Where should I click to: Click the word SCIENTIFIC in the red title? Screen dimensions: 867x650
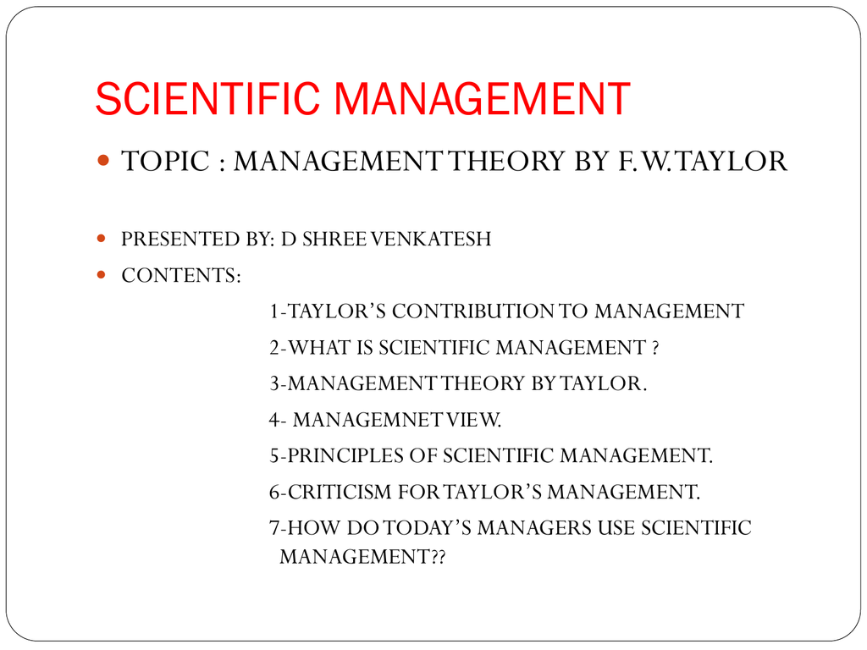click(x=207, y=99)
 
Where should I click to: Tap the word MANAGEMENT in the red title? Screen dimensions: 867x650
click(x=482, y=99)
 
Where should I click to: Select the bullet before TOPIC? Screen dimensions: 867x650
click(x=102, y=160)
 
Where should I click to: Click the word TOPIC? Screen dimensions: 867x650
click(x=165, y=162)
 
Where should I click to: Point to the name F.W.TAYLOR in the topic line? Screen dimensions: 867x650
click(x=702, y=162)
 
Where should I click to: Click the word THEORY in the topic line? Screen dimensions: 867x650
click(x=506, y=162)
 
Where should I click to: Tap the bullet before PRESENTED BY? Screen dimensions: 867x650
click(x=102, y=238)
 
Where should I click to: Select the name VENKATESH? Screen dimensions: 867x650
click(x=431, y=239)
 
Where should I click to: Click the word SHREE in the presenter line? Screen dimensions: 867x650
click(x=334, y=239)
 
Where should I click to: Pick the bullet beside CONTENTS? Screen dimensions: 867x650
click(x=102, y=274)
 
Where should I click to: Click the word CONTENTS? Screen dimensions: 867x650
click(x=181, y=275)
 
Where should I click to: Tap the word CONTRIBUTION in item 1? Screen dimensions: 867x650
click(x=472, y=311)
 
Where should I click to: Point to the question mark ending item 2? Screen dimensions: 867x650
click(x=655, y=348)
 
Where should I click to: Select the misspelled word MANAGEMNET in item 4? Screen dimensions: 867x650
click(x=368, y=420)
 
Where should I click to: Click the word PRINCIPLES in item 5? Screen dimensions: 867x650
click(x=345, y=456)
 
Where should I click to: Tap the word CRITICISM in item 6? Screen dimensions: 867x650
click(x=340, y=492)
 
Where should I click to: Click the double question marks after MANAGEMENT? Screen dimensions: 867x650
click(x=438, y=557)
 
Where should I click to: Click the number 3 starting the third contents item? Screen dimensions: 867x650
click(x=274, y=383)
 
